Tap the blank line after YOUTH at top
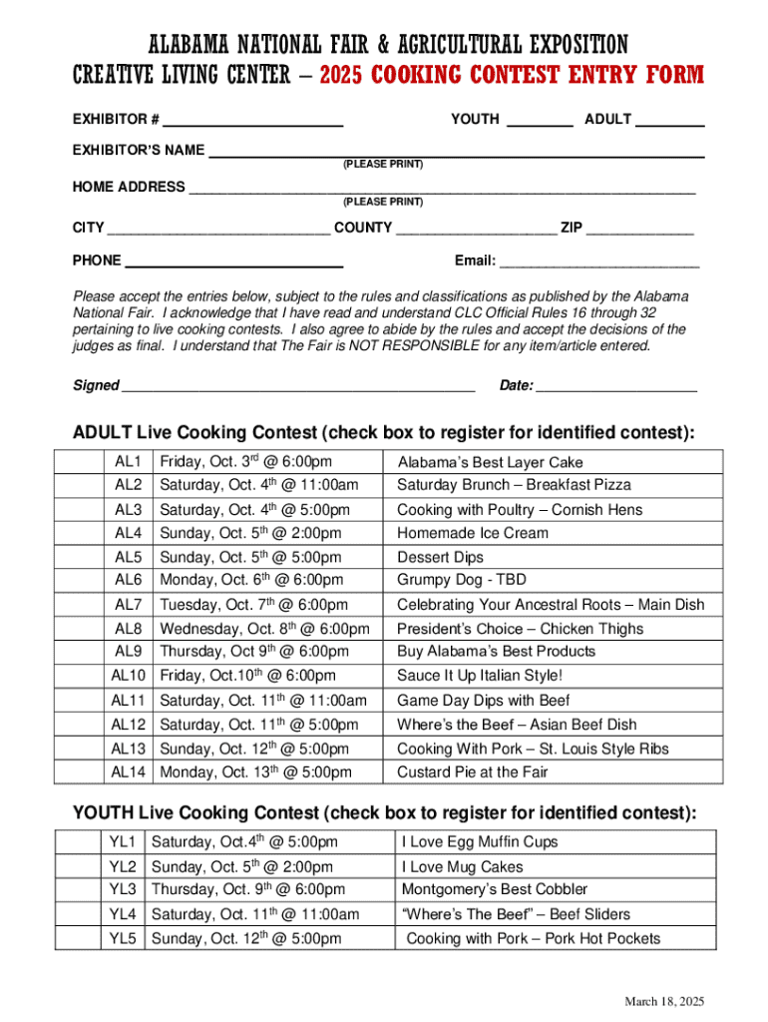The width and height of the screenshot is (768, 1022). click(540, 122)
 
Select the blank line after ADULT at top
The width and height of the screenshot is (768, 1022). click(669, 122)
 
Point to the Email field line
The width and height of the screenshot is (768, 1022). click(598, 263)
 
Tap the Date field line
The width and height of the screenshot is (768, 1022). click(616, 387)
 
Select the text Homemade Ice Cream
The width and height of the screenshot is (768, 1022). click(473, 533)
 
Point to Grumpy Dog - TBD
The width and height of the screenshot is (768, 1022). click(462, 580)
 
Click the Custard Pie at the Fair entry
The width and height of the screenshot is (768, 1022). click(473, 772)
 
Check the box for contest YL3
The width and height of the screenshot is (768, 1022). click(78, 889)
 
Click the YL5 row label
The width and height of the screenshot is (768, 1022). click(123, 938)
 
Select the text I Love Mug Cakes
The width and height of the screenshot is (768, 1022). click(462, 867)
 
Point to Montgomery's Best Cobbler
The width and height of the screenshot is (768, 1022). click(495, 889)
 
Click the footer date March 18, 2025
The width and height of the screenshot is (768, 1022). click(665, 1001)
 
